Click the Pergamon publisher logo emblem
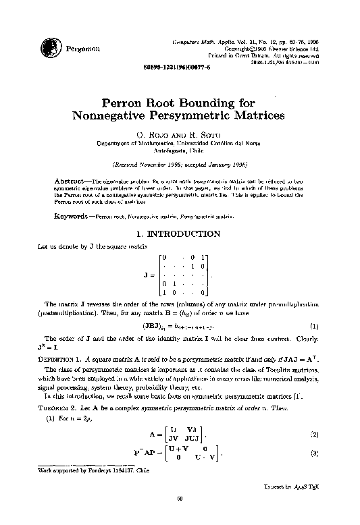(50, 48)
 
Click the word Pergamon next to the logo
(82, 49)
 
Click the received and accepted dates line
(180, 164)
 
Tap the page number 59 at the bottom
(180, 518)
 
